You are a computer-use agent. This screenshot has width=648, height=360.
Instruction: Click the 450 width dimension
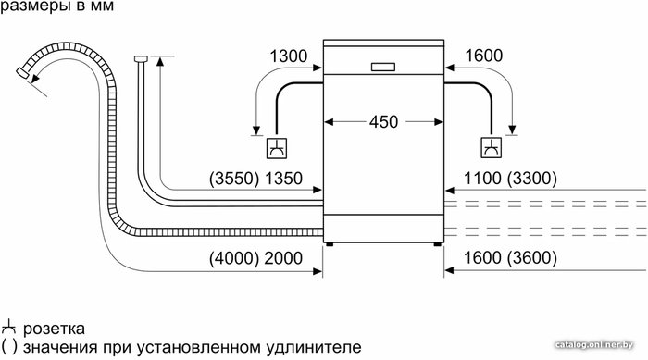pos(383,122)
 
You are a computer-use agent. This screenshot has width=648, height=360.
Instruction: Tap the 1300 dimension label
pos(289,56)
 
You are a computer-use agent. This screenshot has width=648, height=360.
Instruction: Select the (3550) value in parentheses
pos(234,179)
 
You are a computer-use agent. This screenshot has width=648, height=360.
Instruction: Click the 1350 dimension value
pos(283,179)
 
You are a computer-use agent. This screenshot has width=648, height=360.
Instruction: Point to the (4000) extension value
pos(234,258)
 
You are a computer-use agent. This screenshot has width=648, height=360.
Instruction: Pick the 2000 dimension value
pos(283,258)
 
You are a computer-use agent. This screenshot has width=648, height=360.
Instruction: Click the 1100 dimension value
pos(482,179)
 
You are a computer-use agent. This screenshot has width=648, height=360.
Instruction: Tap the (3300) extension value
pos(532,179)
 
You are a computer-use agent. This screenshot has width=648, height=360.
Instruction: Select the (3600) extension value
pos(532,258)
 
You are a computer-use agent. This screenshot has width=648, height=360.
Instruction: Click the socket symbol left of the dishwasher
pos(277,147)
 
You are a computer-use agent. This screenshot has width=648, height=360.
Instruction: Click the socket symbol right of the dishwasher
pos(492,147)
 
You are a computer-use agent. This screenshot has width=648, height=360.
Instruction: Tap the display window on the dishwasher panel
pos(383,67)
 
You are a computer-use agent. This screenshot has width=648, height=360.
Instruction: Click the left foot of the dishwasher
pos(330,244)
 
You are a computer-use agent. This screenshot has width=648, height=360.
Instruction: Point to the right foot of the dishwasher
pos(437,244)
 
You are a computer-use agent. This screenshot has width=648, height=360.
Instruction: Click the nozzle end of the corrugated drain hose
pos(23,73)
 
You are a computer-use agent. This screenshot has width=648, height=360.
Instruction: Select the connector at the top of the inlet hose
pos(141,58)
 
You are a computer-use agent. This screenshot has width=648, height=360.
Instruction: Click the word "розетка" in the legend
pos(54,329)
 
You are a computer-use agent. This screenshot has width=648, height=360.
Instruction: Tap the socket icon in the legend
pos(7,328)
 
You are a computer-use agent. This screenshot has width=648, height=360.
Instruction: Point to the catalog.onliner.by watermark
pos(594,344)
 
